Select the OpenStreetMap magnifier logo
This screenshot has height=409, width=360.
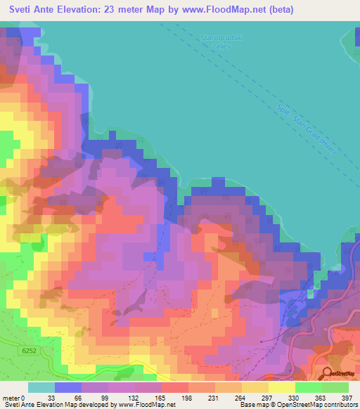tap(329, 373)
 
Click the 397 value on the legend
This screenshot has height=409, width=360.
tap(347, 398)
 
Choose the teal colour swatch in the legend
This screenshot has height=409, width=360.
tap(41, 387)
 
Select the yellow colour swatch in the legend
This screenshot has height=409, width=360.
tap(281, 387)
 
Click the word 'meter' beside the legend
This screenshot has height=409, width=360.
tap(12, 398)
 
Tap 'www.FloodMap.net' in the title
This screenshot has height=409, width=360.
tap(218, 10)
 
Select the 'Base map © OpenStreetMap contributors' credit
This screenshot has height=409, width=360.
tap(296, 405)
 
